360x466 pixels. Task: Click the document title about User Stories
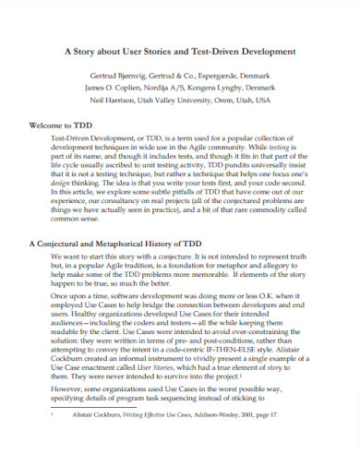[180, 54]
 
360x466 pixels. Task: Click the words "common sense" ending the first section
[75, 218]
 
